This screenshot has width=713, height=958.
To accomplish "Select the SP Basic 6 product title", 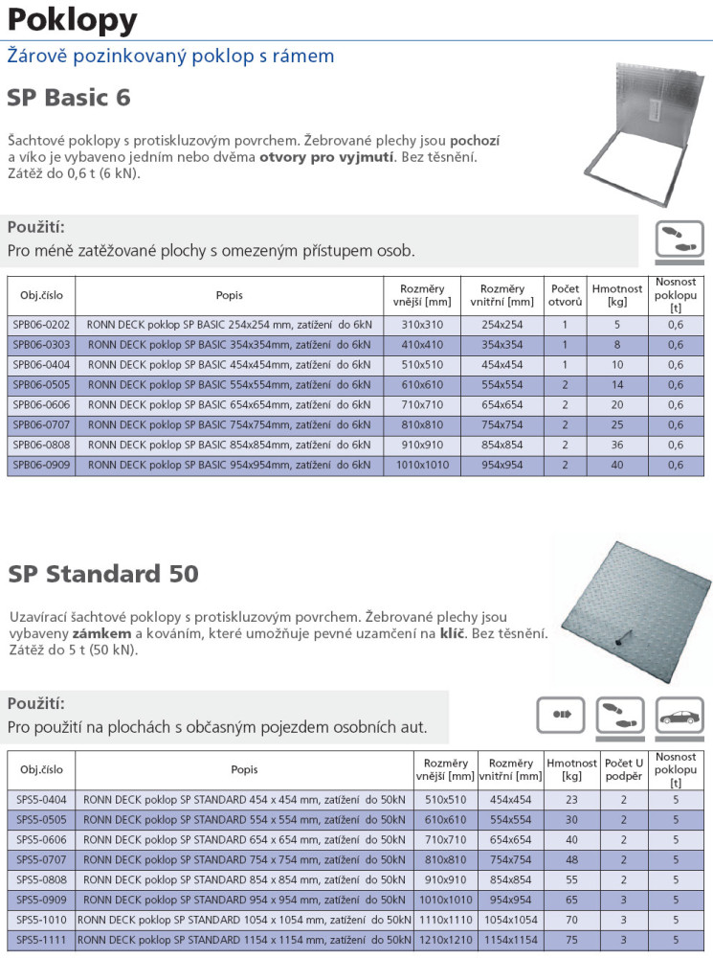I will pyautogui.click(x=69, y=98).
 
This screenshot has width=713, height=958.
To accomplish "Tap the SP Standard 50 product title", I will pyautogui.click(x=103, y=574).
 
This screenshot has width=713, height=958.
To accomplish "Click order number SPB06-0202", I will pyautogui.click(x=41, y=325).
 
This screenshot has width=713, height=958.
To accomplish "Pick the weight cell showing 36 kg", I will pyautogui.click(x=617, y=445).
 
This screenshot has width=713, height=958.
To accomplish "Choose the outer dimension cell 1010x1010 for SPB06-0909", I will pyautogui.click(x=422, y=466).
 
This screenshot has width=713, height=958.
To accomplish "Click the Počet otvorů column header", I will pyautogui.click(x=565, y=295).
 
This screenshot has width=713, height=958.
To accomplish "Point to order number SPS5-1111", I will pyautogui.click(x=41, y=940).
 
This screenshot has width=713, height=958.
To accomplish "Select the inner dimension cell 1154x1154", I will pyautogui.click(x=510, y=940).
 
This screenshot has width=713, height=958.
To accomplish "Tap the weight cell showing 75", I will pyautogui.click(x=572, y=940).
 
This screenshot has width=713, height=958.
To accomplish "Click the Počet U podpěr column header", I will pyautogui.click(x=624, y=769).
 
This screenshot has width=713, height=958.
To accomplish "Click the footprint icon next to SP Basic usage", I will pyautogui.click(x=679, y=239).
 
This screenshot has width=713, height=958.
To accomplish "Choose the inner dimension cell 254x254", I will pyautogui.click(x=502, y=325).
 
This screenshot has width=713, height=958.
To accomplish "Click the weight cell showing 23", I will pyautogui.click(x=572, y=799).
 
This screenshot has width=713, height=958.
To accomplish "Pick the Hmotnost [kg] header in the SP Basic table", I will pyautogui.click(x=617, y=295).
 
